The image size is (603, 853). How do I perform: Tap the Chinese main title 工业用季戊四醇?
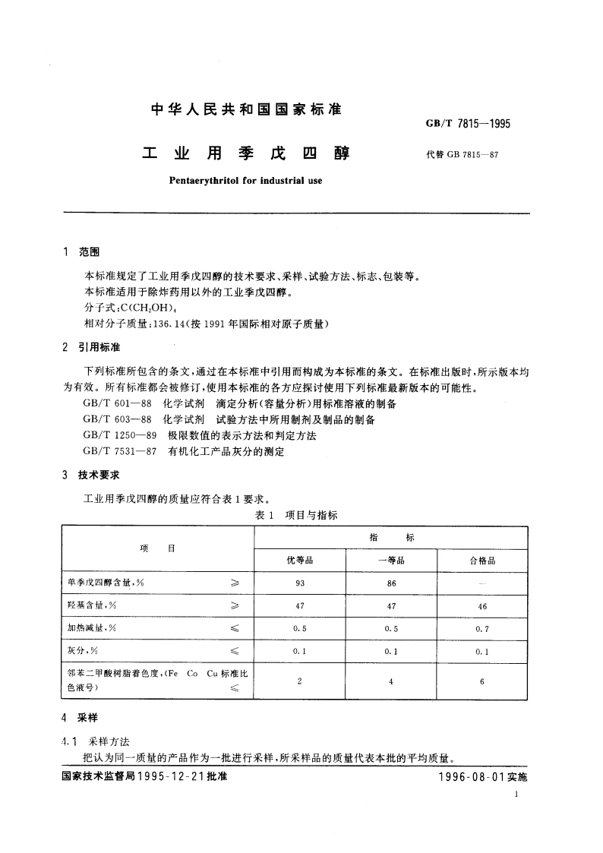[246, 153]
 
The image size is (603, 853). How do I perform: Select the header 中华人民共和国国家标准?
[246, 109]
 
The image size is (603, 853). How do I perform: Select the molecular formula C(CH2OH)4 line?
[133, 308]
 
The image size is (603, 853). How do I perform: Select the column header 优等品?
[299, 561]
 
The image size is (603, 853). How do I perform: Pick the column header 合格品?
[482, 561]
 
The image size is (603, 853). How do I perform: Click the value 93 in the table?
[299, 583]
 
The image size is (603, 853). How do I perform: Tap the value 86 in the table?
[390, 583]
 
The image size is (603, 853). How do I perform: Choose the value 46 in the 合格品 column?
[482, 606]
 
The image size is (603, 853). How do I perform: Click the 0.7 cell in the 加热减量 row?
[482, 629]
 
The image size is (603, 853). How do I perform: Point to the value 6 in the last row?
[482, 681]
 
